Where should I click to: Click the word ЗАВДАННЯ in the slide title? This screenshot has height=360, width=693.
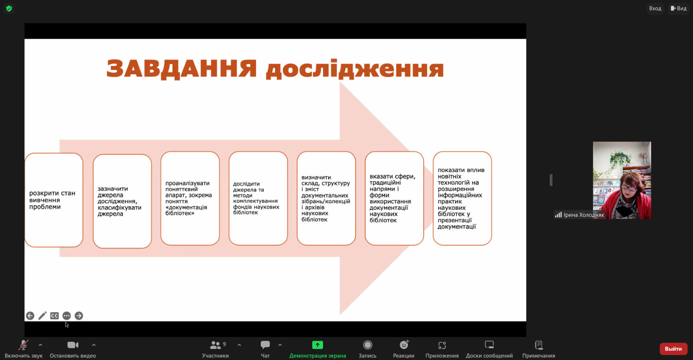click(x=182, y=69)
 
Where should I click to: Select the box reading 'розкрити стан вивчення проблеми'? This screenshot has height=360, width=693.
click(x=54, y=200)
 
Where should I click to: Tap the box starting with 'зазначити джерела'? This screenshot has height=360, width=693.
click(x=122, y=201)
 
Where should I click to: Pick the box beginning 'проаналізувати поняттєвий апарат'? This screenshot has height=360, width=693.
click(x=190, y=198)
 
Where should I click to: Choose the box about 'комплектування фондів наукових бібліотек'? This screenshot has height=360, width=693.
click(x=258, y=198)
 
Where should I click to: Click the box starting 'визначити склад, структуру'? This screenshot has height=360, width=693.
click(x=326, y=198)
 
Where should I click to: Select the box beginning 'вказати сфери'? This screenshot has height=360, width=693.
click(x=394, y=198)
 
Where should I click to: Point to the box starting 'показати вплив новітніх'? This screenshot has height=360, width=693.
click(x=462, y=198)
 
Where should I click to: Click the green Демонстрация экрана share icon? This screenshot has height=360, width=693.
click(x=318, y=345)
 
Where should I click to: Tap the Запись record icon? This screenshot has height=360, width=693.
click(x=368, y=345)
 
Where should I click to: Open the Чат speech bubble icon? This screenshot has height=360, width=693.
click(x=265, y=345)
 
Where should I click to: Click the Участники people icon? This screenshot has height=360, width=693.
click(x=215, y=345)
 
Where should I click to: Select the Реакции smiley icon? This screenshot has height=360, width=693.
click(x=404, y=345)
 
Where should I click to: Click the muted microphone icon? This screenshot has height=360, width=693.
click(x=23, y=345)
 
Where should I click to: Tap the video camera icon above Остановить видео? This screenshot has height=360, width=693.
click(x=73, y=345)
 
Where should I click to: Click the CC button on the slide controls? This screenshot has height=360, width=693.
click(x=54, y=316)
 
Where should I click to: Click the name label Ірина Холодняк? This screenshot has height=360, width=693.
click(x=584, y=215)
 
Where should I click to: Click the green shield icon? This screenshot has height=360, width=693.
click(x=9, y=8)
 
